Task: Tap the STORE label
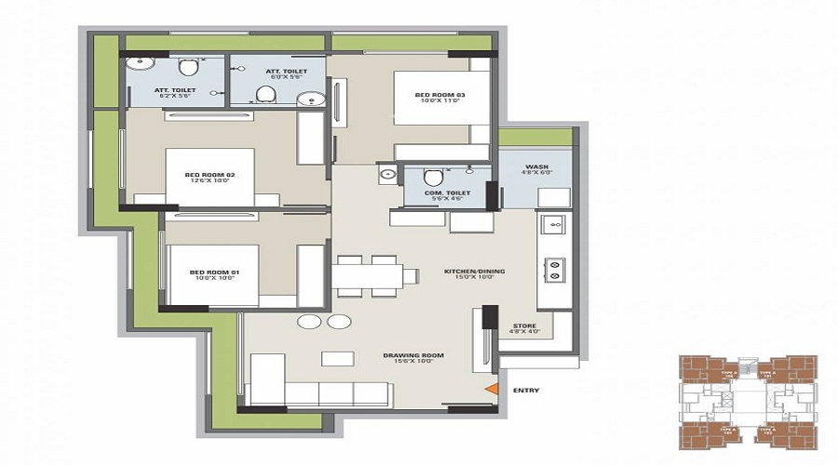(524, 327)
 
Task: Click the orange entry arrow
(494, 391)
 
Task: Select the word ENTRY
(526, 391)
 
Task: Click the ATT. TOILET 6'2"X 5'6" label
(172, 92)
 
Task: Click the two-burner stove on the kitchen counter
(555, 269)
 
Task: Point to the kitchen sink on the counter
(552, 225)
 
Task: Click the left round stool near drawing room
(308, 322)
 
